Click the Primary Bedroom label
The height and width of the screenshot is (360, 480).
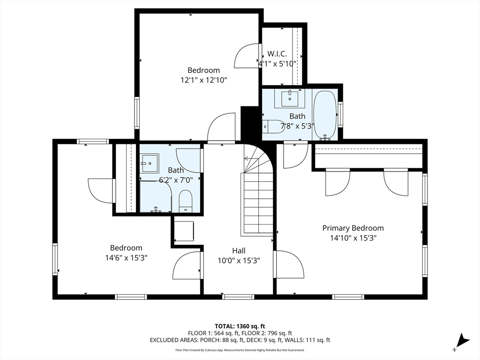(x=353, y=228)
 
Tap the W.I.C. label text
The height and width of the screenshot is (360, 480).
(x=277, y=54)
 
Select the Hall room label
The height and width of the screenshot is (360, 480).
(x=239, y=251)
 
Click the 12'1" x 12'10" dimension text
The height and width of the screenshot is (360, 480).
(x=203, y=80)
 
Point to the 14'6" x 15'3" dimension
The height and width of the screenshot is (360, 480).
(x=127, y=258)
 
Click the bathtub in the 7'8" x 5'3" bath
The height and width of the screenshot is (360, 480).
(x=325, y=114)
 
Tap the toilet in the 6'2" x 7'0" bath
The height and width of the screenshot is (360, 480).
(x=185, y=201)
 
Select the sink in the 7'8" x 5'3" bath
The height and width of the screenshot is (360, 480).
(x=289, y=98)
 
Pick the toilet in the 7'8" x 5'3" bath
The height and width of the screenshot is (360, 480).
(x=273, y=126)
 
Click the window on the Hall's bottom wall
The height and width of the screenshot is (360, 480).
(x=238, y=297)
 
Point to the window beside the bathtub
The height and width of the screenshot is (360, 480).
(x=340, y=114)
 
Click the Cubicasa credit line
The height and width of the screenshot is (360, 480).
(x=240, y=350)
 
